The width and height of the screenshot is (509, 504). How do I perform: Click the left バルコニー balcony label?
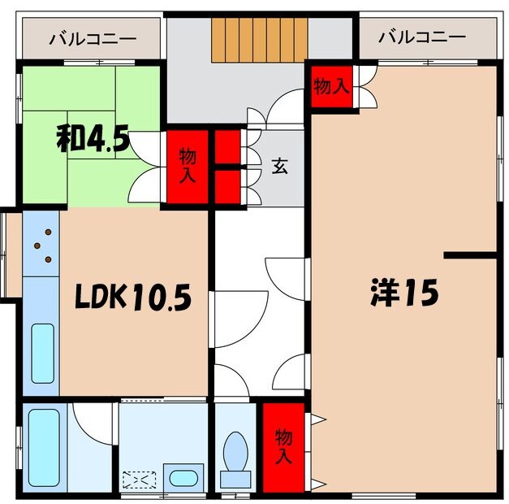click(x=92, y=38)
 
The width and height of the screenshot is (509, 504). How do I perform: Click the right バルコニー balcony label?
click(x=422, y=38)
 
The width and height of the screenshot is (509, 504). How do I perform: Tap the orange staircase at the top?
click(x=260, y=39)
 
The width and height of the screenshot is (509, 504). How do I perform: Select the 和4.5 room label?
click(x=93, y=139)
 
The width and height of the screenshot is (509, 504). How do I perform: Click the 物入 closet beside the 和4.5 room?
click(x=188, y=165)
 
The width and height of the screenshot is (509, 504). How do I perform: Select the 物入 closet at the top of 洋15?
click(x=330, y=86)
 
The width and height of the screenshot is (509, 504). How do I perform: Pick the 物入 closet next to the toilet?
click(x=283, y=445)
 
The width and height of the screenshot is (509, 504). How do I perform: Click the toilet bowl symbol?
click(x=235, y=452)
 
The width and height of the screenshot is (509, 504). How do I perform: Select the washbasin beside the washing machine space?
click(x=183, y=477)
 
